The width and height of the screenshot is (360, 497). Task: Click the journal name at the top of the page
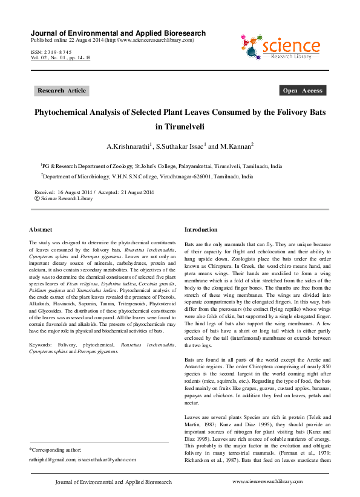(118, 33)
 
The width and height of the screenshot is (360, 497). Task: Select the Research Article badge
(62, 91)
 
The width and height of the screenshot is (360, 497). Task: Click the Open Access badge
(303, 91)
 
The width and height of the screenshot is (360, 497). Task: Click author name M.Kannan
(235, 146)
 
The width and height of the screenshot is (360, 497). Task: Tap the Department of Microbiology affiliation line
(148, 177)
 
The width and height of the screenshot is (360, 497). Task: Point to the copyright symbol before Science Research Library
(38, 198)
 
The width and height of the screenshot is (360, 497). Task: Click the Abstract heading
(41, 230)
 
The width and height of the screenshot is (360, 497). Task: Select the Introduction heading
(200, 230)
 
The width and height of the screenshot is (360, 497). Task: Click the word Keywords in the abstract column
(41, 344)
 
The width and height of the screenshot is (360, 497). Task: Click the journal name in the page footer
(113, 482)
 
